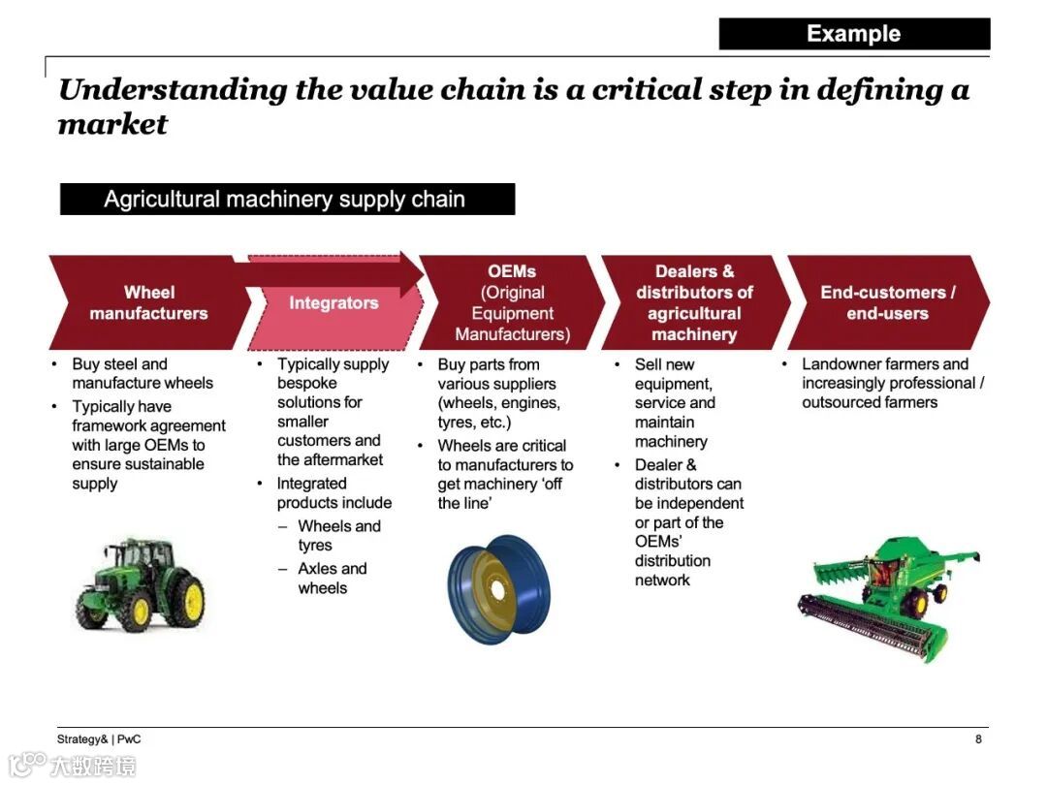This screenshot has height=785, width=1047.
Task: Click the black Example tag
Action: [854, 34]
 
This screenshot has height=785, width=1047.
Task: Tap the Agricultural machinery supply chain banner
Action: [287, 200]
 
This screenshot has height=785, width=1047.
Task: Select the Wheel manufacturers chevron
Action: [148, 302]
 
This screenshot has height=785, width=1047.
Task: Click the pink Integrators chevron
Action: [333, 303]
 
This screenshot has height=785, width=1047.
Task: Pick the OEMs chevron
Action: [512, 302]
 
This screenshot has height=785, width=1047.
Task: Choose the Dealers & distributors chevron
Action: [694, 302]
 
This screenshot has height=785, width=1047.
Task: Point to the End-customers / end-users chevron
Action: [887, 302]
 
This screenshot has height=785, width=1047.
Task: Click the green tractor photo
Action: [141, 584]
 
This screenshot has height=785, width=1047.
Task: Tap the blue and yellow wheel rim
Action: [498, 589]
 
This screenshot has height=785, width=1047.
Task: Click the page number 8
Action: [978, 739]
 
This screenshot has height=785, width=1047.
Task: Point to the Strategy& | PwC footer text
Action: [98, 739]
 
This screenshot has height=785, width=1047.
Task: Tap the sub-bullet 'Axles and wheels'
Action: [333, 579]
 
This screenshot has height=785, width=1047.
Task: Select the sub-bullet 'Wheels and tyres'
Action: [338, 536]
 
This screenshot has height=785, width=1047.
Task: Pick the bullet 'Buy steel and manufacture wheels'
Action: [142, 374]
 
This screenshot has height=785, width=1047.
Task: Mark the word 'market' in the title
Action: [112, 125]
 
